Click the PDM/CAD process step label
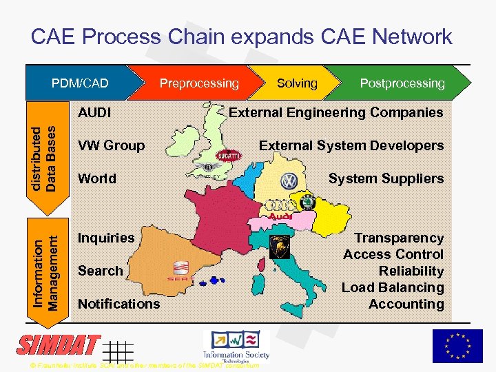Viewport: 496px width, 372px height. (81, 83)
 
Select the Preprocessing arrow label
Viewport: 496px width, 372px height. (199, 83)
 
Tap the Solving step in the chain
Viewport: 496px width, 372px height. (297, 83)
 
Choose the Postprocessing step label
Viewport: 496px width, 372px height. (402, 83)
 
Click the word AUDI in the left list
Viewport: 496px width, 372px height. (95, 112)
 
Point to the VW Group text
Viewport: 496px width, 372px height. (112, 145)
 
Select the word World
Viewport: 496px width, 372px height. (97, 178)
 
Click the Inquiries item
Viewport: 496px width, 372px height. (106, 238)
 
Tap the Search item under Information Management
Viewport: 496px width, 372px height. (100, 271)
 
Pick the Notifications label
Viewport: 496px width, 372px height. (118, 304)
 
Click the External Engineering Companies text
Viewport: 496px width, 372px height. (336, 112)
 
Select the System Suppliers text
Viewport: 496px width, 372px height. (386, 178)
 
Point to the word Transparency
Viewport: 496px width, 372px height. (398, 238)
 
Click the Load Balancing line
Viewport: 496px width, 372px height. (393, 287)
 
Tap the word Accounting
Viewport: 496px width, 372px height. (406, 304)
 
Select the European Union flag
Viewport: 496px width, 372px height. (457, 346)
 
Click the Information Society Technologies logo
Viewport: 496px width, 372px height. (236, 345)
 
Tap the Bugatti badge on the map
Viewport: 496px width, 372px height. (229, 156)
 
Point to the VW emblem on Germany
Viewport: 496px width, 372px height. (288, 181)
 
